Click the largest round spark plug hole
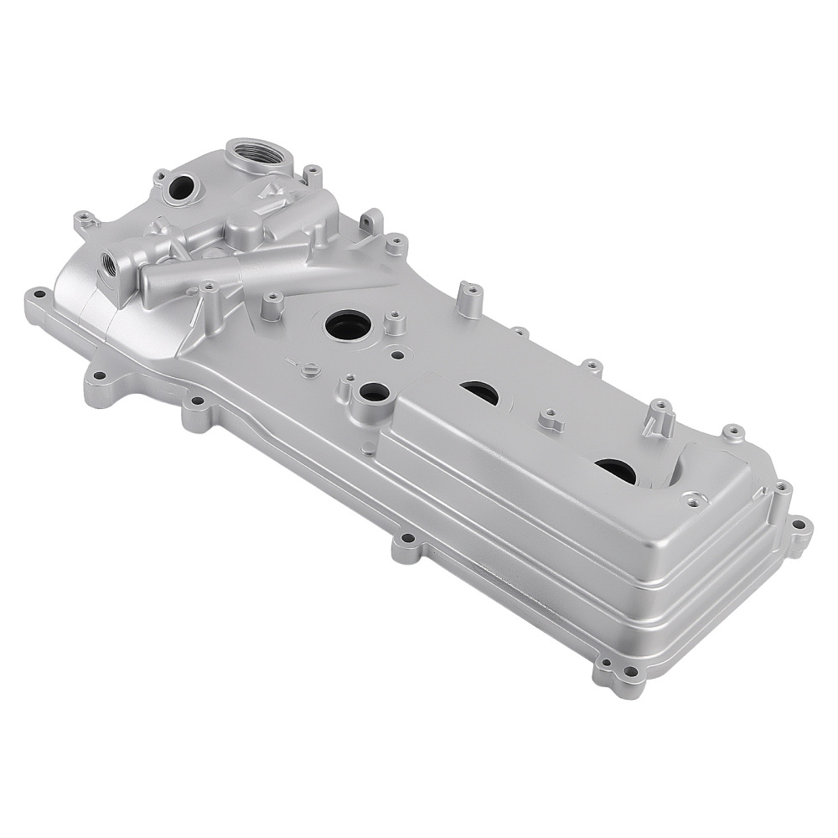(348, 323)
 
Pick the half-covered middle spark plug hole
(479, 391)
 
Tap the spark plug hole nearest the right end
(617, 471)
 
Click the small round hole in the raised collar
(374, 392)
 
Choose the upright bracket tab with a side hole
(371, 221)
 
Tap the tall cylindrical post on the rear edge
(471, 298)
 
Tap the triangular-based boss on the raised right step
(693, 499)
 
